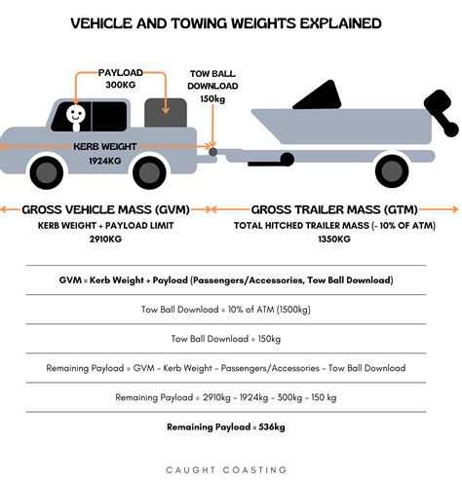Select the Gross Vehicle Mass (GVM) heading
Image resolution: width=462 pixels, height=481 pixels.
coord(104,209)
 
